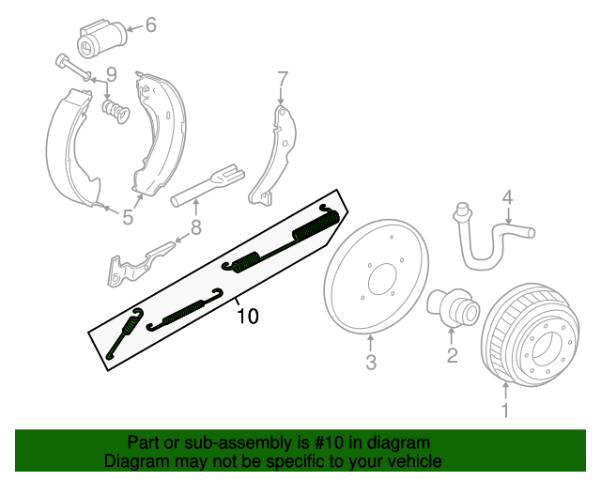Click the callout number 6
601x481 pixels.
click(x=150, y=25)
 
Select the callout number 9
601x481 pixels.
click(x=110, y=74)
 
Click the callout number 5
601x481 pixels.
click(x=127, y=219)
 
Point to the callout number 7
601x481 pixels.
click(x=281, y=78)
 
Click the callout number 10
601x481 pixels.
click(x=247, y=317)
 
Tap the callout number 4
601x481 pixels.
click(x=507, y=197)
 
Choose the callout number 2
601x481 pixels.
click(x=452, y=354)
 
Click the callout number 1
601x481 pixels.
click(x=505, y=410)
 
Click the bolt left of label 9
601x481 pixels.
click(x=71, y=67)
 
